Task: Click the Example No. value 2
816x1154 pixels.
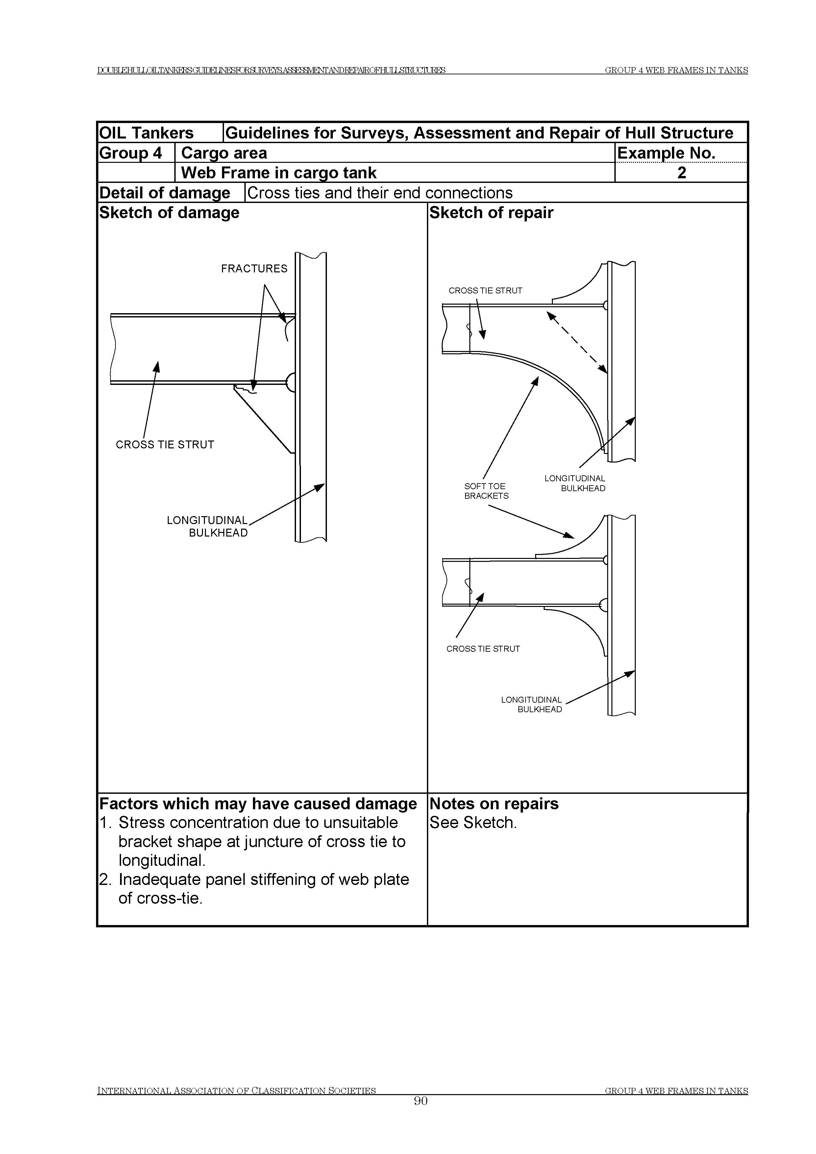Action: click(681, 173)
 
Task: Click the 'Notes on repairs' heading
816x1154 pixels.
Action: click(494, 804)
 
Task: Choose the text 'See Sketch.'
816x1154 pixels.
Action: click(473, 823)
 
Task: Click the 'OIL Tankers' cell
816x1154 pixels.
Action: click(146, 133)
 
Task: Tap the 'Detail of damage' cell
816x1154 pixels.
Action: click(165, 193)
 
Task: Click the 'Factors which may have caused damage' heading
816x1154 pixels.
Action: click(258, 804)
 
